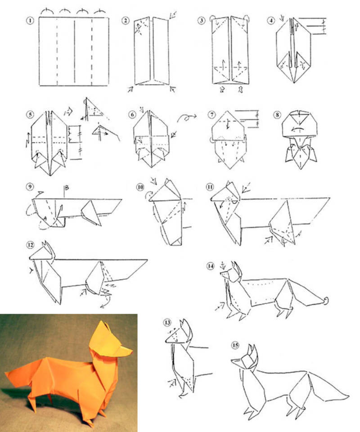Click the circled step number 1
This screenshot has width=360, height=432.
click(30, 21)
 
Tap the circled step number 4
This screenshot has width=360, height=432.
click(271, 20)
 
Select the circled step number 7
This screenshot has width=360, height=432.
click(211, 115)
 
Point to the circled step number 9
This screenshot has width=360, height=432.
click(30, 187)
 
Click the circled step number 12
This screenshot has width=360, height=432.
click(30, 245)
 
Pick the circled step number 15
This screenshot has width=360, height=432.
click(235, 345)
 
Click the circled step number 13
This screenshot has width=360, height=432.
click(167, 323)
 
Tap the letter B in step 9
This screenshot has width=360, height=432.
click(67, 188)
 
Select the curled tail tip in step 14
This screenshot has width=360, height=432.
click(326, 301)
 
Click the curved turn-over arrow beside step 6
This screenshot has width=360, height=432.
click(186, 117)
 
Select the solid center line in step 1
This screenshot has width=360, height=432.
click(74, 51)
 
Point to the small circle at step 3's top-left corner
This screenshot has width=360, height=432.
click(213, 18)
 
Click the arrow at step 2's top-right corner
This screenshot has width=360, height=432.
click(173, 15)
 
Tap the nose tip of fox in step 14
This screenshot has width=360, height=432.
click(221, 273)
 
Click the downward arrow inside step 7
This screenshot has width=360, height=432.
click(228, 124)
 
